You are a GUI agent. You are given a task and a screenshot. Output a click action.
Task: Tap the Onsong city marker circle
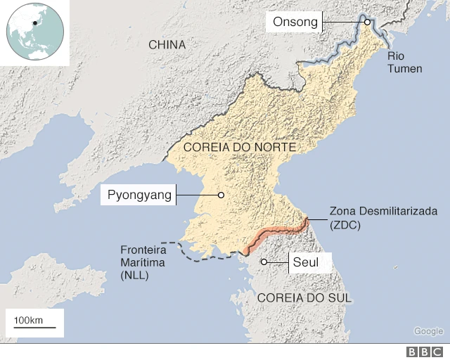click(x=367, y=22)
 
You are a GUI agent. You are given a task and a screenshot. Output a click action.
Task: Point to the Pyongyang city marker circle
click(x=221, y=195)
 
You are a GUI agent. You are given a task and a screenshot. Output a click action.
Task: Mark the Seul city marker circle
click(x=264, y=262)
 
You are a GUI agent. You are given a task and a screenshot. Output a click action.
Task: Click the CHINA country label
click(x=167, y=45)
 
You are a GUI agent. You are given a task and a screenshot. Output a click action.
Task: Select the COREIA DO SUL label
click(x=304, y=297)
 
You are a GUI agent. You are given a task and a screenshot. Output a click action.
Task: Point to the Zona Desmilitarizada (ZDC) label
click(x=383, y=217)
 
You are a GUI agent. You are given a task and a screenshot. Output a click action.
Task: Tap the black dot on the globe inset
click(x=34, y=23)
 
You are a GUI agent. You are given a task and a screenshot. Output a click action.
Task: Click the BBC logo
click(x=425, y=352)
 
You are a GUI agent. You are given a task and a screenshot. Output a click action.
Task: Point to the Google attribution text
click(x=428, y=331)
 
